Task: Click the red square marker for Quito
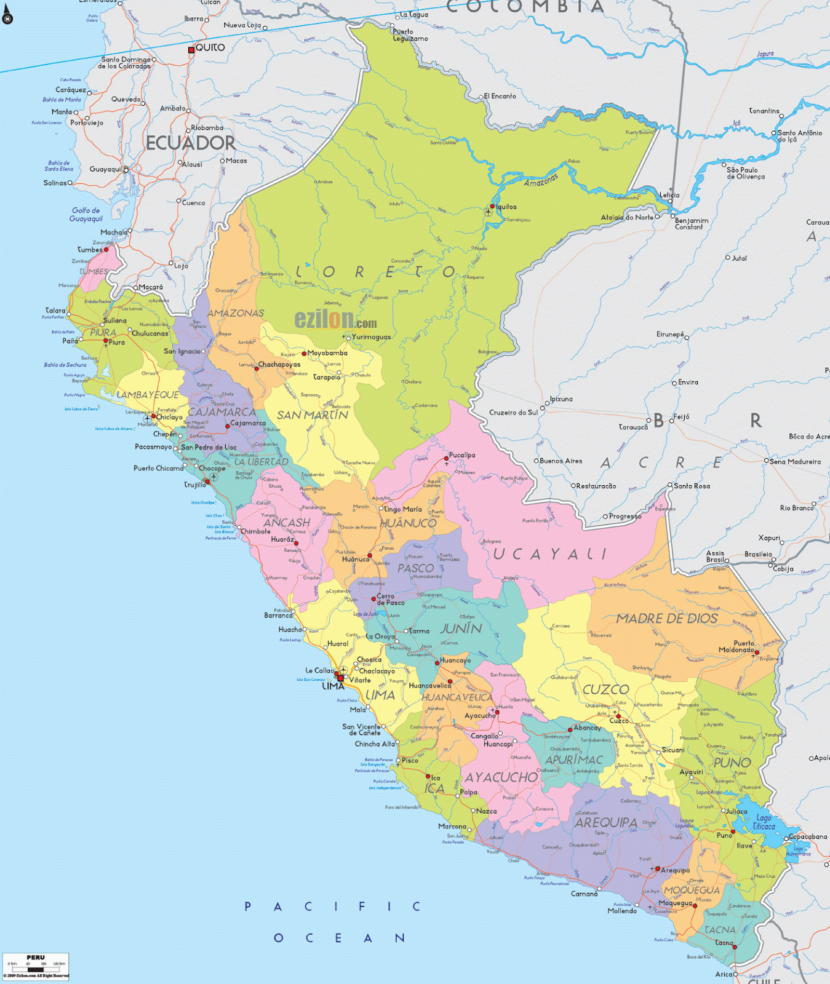pyautogui.click(x=191, y=50)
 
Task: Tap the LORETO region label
pyautogui.click(x=375, y=272)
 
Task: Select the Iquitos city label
pyautogui.click(x=506, y=207)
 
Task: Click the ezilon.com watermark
pyautogui.click(x=335, y=319)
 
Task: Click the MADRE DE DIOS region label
pyautogui.click(x=667, y=618)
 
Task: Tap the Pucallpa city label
pyautogui.click(x=462, y=455)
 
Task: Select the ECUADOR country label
pyautogui.click(x=190, y=143)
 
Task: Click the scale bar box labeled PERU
pyautogui.click(x=36, y=966)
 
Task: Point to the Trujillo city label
pyautogui.click(x=195, y=485)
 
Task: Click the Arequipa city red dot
pyautogui.click(x=658, y=869)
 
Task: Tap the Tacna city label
pyautogui.click(x=724, y=943)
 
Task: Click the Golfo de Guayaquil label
pyautogui.click(x=86, y=215)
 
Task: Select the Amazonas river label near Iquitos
pyautogui.click(x=541, y=180)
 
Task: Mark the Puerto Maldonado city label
pyautogui.click(x=736, y=646)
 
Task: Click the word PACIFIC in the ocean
pyautogui.click(x=332, y=907)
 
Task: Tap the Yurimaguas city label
pyautogui.click(x=371, y=337)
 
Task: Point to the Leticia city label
pyautogui.click(x=669, y=195)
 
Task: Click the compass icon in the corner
pyautogui.click(x=7, y=18)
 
